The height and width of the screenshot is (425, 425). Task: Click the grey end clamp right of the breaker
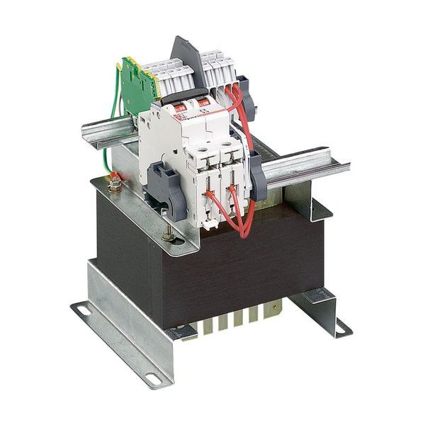tap(256, 177)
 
